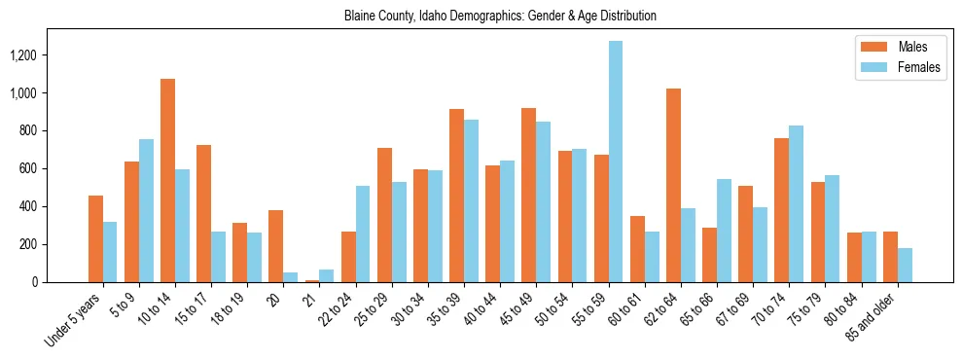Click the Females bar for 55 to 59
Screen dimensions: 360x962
(616, 162)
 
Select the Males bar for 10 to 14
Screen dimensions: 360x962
(167, 181)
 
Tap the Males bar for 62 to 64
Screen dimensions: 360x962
(673, 186)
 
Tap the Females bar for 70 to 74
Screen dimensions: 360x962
(796, 204)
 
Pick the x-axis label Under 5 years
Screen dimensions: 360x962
(73, 320)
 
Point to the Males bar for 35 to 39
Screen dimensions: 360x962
(456, 196)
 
